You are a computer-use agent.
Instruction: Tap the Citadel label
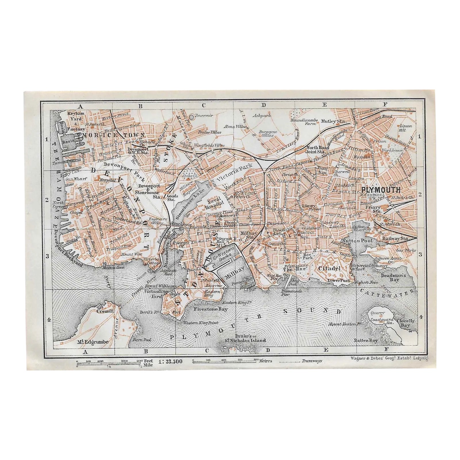(x=329, y=268)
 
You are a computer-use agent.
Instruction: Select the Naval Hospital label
(x=214, y=201)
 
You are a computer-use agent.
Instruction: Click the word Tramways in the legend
(x=312, y=361)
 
